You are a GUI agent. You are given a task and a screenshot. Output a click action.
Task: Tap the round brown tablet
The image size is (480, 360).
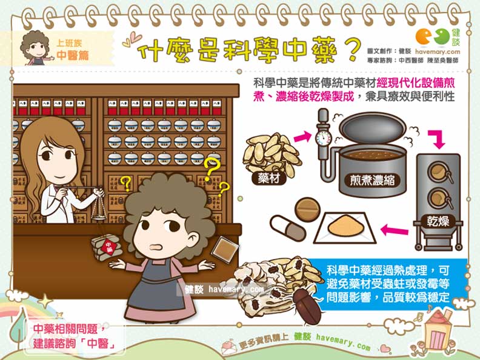(x=307, y=208)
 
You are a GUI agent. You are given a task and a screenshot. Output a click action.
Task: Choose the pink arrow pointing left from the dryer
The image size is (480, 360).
(x=392, y=230)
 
